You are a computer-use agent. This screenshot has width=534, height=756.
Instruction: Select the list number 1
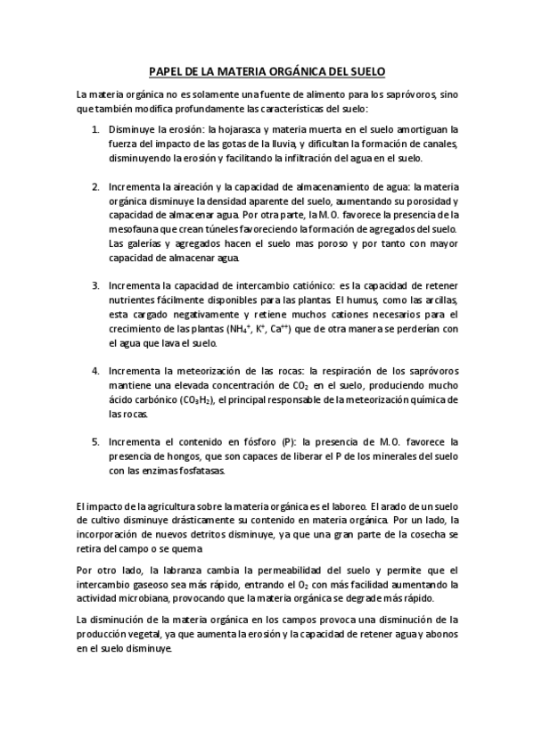95,129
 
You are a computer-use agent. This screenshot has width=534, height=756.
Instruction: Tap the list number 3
95,285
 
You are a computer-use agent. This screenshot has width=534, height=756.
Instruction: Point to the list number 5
95,441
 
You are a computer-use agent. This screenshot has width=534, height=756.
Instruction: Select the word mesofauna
132,229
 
